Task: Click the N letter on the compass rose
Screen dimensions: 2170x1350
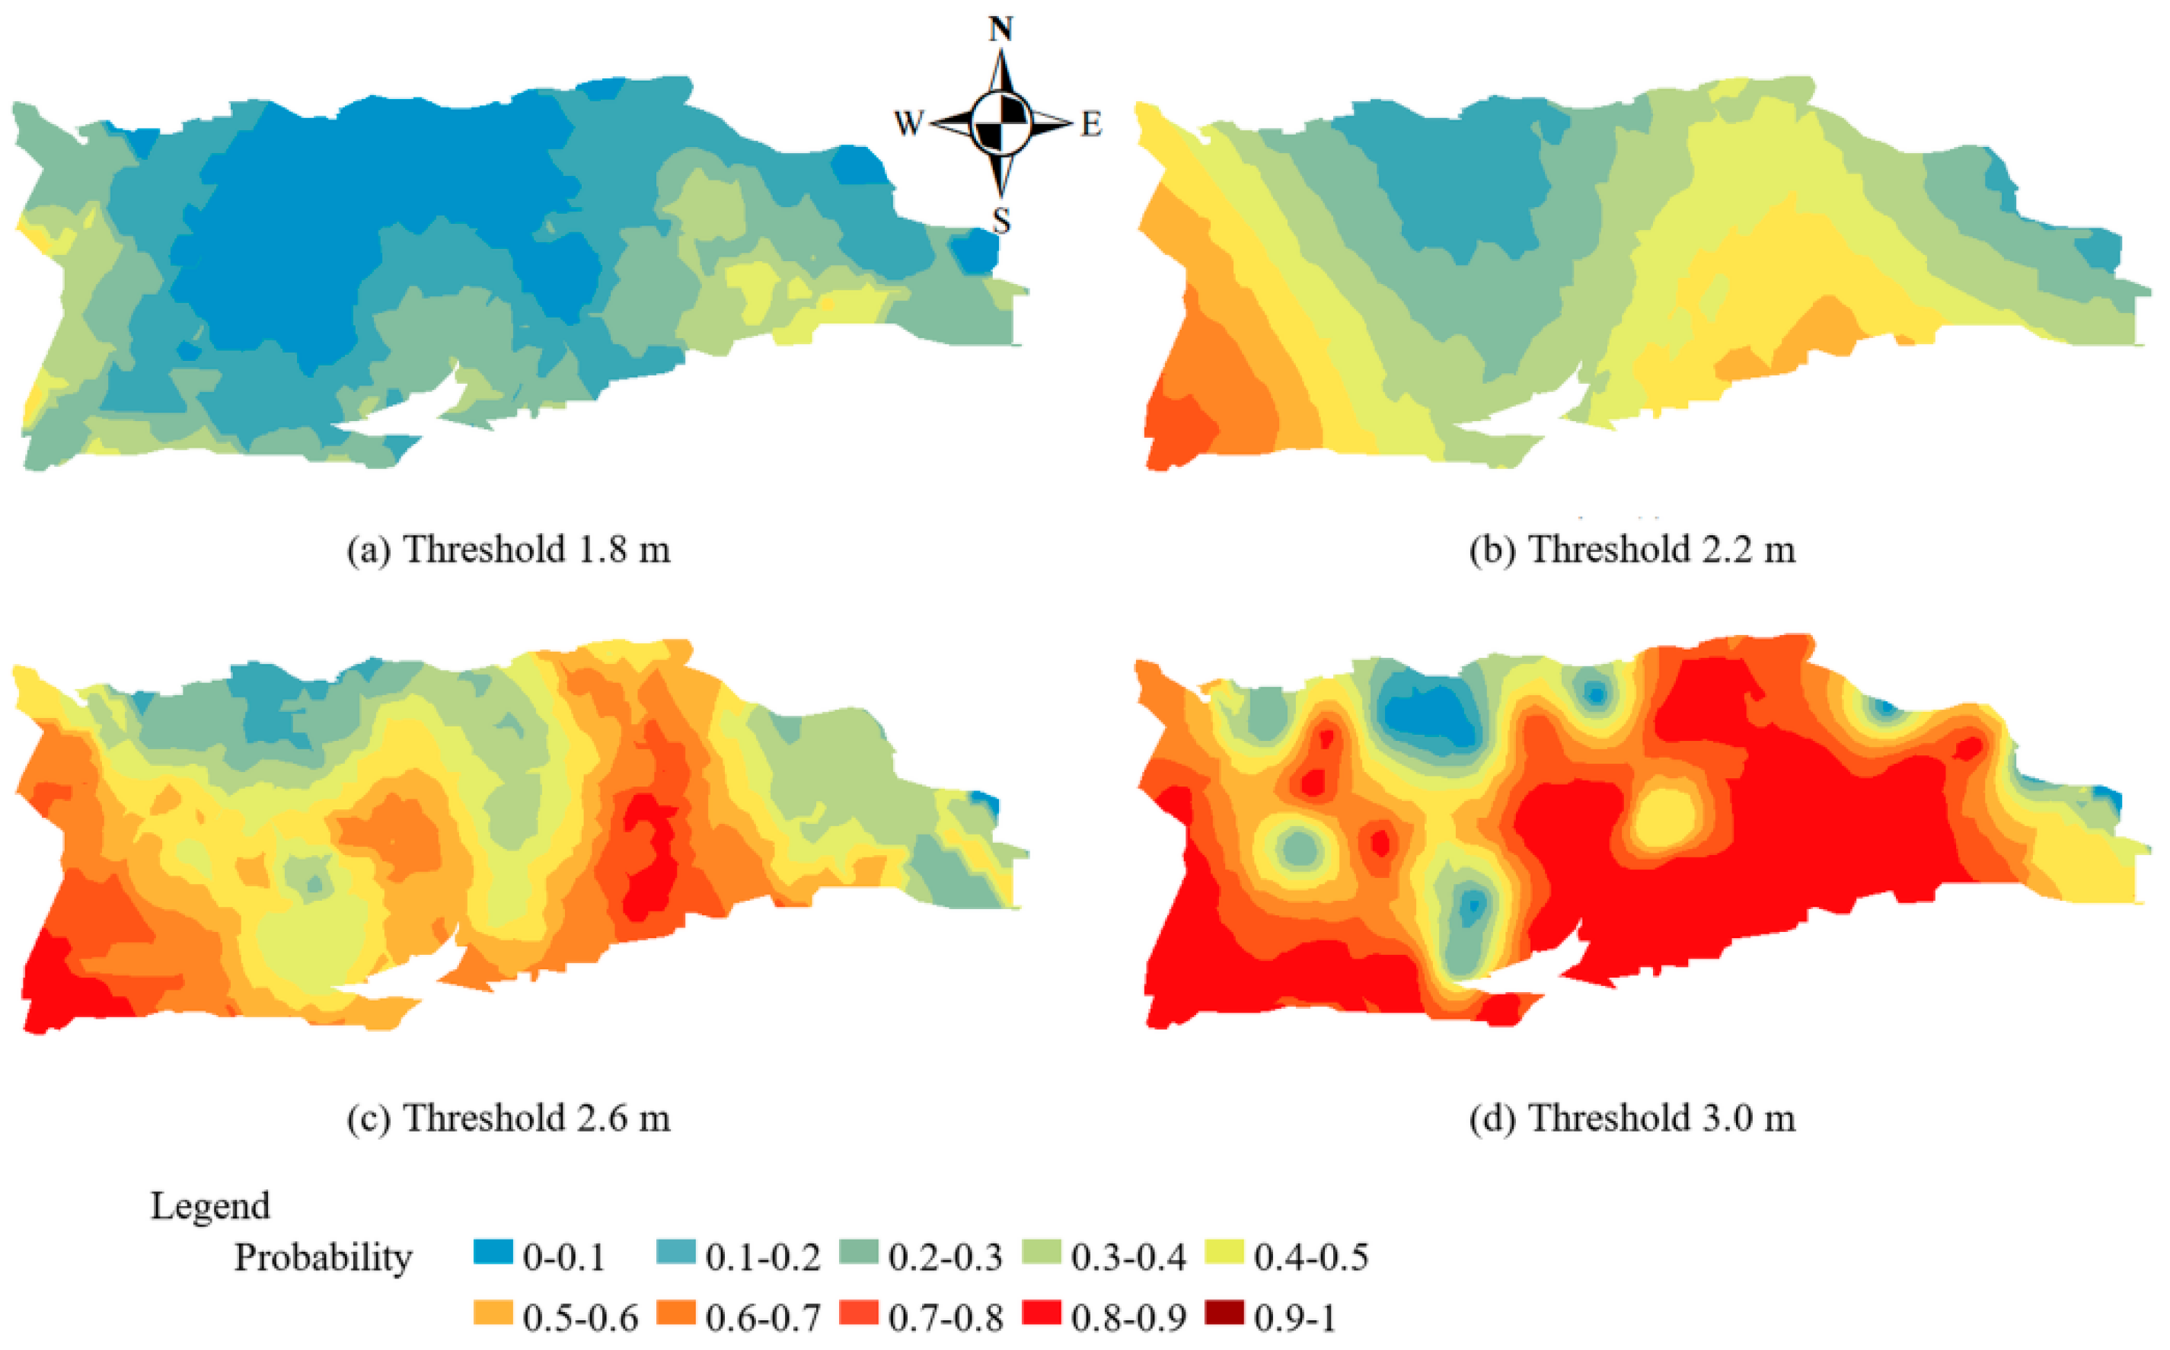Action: pos(1000,30)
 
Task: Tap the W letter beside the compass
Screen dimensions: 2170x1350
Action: pos(908,123)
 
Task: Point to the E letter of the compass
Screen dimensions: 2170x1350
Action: pos(1091,124)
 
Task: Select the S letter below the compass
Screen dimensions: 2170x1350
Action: pos(1001,219)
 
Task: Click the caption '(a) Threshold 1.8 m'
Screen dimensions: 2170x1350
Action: pos(509,549)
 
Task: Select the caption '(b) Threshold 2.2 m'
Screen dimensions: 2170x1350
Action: pos(1632,549)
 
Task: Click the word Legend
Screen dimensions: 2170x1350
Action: pos(210,1206)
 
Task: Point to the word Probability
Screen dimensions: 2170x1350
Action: pos(323,1258)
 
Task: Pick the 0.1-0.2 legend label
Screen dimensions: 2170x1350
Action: pos(763,1257)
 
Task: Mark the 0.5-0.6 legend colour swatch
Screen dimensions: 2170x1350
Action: pos(493,1313)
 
